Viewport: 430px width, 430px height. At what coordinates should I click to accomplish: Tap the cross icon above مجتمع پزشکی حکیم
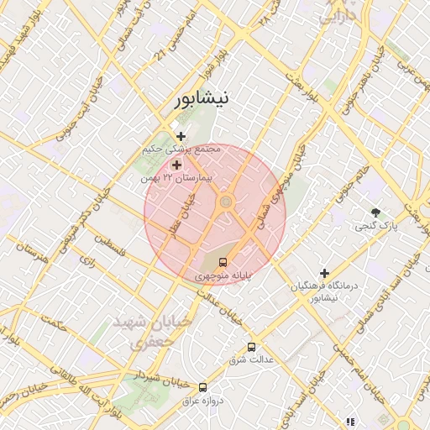point(181,136)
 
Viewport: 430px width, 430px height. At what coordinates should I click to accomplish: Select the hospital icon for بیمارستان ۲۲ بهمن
point(176,165)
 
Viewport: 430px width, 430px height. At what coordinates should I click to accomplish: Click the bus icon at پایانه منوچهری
point(223,262)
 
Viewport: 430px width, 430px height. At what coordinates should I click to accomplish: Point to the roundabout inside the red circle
point(225,202)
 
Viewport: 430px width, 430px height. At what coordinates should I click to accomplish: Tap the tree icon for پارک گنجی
point(375,213)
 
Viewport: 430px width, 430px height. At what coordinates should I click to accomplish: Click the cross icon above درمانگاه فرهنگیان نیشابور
point(324,273)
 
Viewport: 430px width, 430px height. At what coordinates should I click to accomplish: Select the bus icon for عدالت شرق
point(251,347)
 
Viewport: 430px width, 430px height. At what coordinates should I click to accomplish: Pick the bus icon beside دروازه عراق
point(202,387)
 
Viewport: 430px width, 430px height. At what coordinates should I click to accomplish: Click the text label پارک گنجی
point(375,227)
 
